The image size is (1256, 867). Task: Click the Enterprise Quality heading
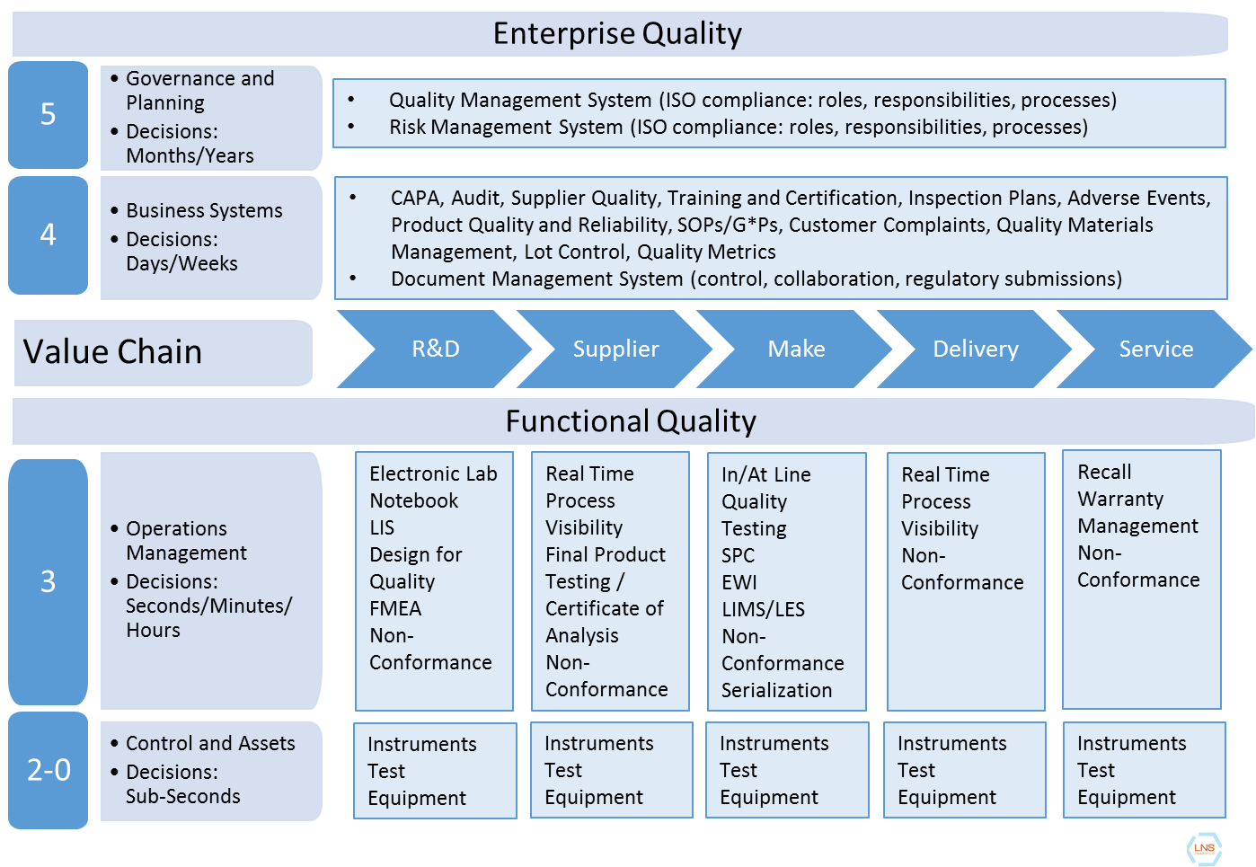[x=618, y=34]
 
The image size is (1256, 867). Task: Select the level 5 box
[x=49, y=114]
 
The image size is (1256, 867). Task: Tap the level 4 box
[x=49, y=234]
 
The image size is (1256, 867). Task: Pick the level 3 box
[x=49, y=581]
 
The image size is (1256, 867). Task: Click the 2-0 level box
[x=49, y=770]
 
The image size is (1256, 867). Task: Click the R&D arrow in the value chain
[x=435, y=349]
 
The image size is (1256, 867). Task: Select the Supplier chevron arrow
[x=615, y=349]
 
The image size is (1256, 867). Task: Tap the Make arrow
[x=796, y=349]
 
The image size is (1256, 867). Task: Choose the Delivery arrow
[x=976, y=349]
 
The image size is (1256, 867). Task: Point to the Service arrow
[x=1155, y=349]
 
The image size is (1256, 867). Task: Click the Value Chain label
[x=113, y=351]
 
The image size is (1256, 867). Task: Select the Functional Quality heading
[x=631, y=421]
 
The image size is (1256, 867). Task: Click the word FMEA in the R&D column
[x=395, y=608]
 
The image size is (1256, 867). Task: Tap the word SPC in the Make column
[x=738, y=555]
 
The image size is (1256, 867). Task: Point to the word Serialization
[x=776, y=690]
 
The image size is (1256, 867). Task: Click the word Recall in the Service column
[x=1104, y=472]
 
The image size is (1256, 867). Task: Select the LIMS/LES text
[x=763, y=609]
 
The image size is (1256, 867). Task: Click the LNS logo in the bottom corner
[x=1204, y=848]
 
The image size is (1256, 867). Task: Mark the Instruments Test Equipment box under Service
[x=1144, y=770]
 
